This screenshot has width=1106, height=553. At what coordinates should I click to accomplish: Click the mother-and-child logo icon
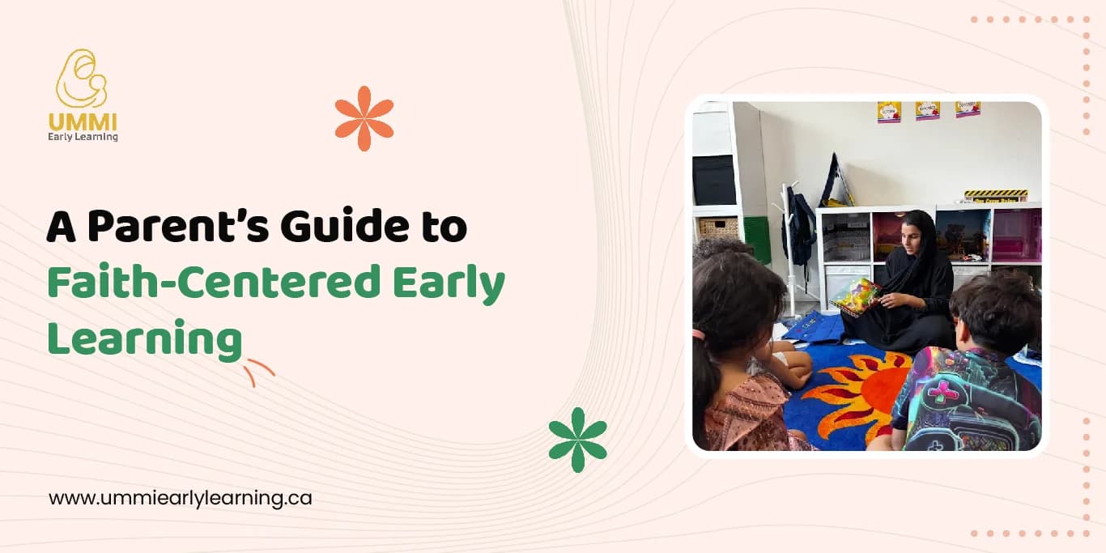81,79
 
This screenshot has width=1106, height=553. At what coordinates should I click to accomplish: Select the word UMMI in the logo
82,122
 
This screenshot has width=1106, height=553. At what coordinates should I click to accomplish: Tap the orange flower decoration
364,118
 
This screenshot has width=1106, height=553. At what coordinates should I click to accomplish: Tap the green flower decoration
577,439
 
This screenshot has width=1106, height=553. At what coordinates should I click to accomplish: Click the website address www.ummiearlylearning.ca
180,498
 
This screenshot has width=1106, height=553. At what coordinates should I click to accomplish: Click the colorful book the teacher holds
855,296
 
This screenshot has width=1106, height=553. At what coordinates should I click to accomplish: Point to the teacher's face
909,233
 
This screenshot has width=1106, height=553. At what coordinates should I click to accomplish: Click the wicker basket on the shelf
718,228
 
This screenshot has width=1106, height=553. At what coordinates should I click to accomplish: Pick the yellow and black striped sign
995,195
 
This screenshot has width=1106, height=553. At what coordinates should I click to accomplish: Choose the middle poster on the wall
928,111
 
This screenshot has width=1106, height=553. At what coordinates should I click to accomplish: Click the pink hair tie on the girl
697,334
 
